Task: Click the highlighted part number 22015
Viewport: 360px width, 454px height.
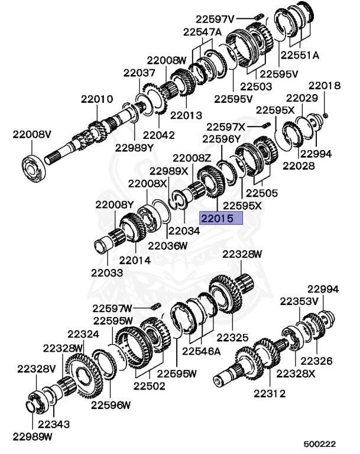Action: click(220, 219)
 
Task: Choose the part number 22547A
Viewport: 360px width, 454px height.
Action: click(202, 31)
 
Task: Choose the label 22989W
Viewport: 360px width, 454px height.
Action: click(33, 437)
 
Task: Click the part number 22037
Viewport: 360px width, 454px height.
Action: click(140, 73)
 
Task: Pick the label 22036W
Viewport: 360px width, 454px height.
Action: click(167, 245)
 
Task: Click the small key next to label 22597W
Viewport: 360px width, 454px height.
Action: click(157, 306)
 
